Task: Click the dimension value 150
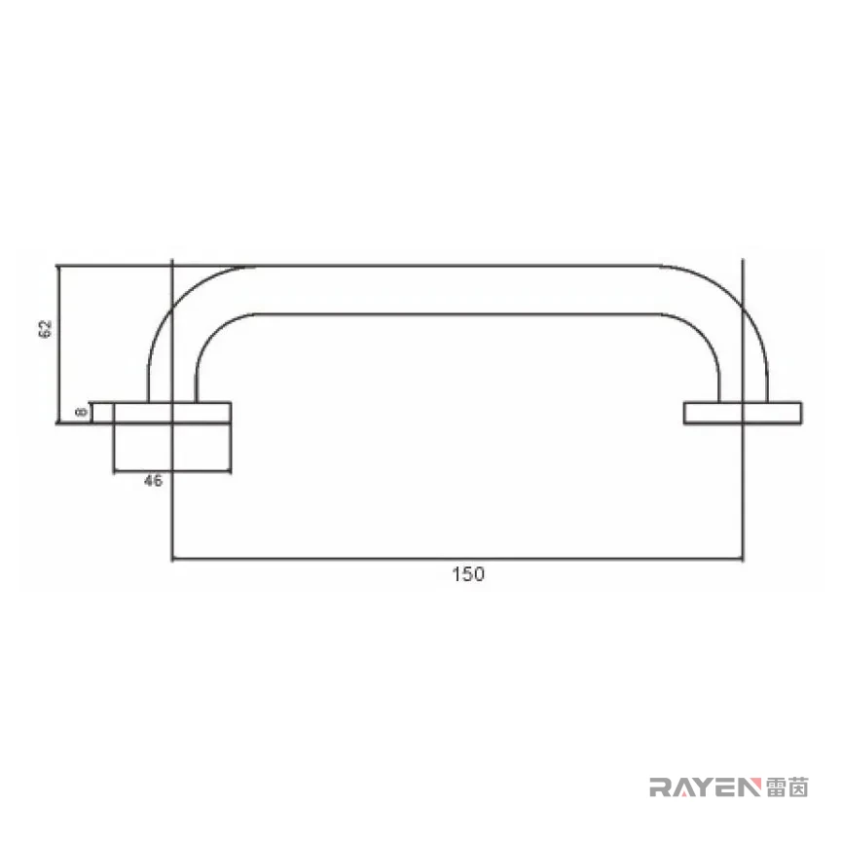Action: (468, 574)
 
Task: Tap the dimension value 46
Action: (153, 481)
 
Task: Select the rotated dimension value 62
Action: (46, 328)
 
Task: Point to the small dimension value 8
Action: (82, 412)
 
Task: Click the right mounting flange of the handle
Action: (743, 413)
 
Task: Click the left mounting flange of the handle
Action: (172, 413)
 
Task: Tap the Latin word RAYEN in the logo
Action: (706, 787)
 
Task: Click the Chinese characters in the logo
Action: (787, 787)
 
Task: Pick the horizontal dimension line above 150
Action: (458, 559)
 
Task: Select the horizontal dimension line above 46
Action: (172, 472)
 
